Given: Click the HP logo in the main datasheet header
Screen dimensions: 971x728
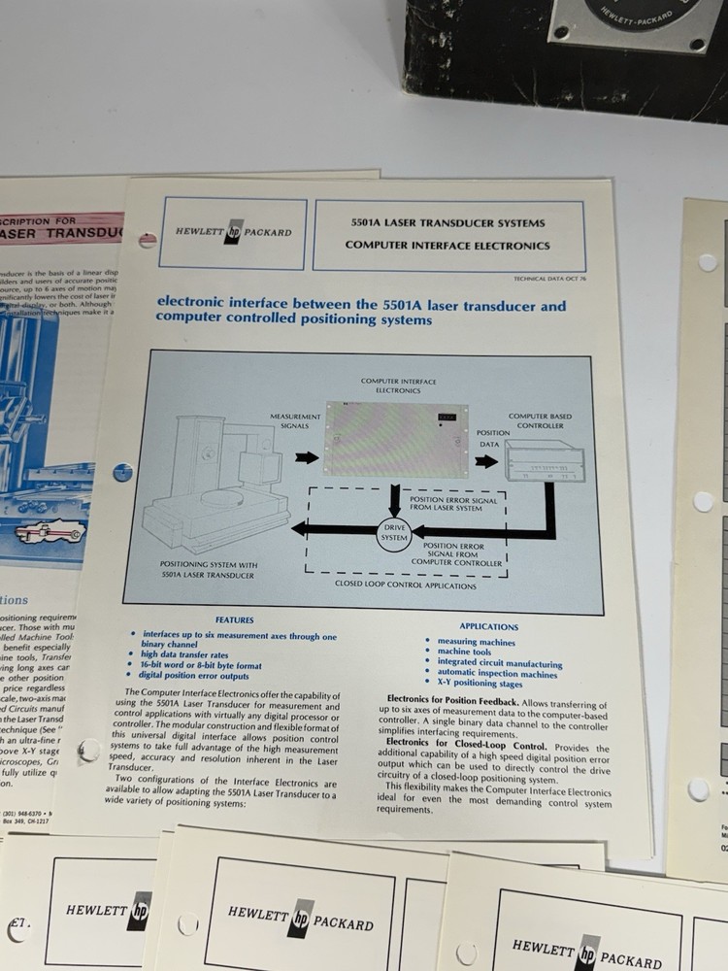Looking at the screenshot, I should (x=233, y=233).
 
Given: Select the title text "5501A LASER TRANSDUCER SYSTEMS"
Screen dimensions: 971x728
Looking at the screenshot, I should (x=447, y=222).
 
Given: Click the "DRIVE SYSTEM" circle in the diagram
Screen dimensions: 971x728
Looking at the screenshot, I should (x=393, y=531).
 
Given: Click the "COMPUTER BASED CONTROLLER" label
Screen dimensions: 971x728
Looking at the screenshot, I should (x=540, y=420).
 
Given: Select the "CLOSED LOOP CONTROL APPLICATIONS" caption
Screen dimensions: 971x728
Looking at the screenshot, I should (x=405, y=586).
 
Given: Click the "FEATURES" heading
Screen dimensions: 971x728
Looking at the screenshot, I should (x=234, y=620).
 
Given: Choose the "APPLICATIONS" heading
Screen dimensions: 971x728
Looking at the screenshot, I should (x=488, y=627).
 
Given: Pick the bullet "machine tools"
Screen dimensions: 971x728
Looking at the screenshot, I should (x=463, y=653).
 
